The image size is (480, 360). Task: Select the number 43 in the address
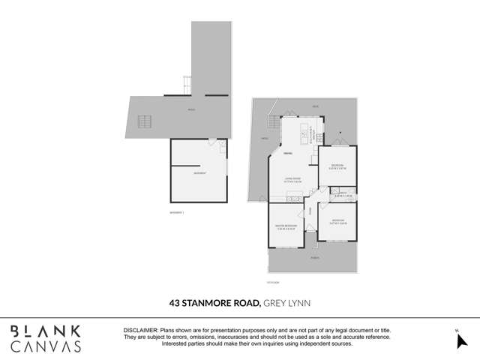175,303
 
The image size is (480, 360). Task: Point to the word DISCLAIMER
139,330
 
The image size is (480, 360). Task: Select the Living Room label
292,178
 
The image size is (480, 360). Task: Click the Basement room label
199,173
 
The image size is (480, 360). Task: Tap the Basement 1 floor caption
177,212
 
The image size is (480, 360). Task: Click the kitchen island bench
304,134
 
